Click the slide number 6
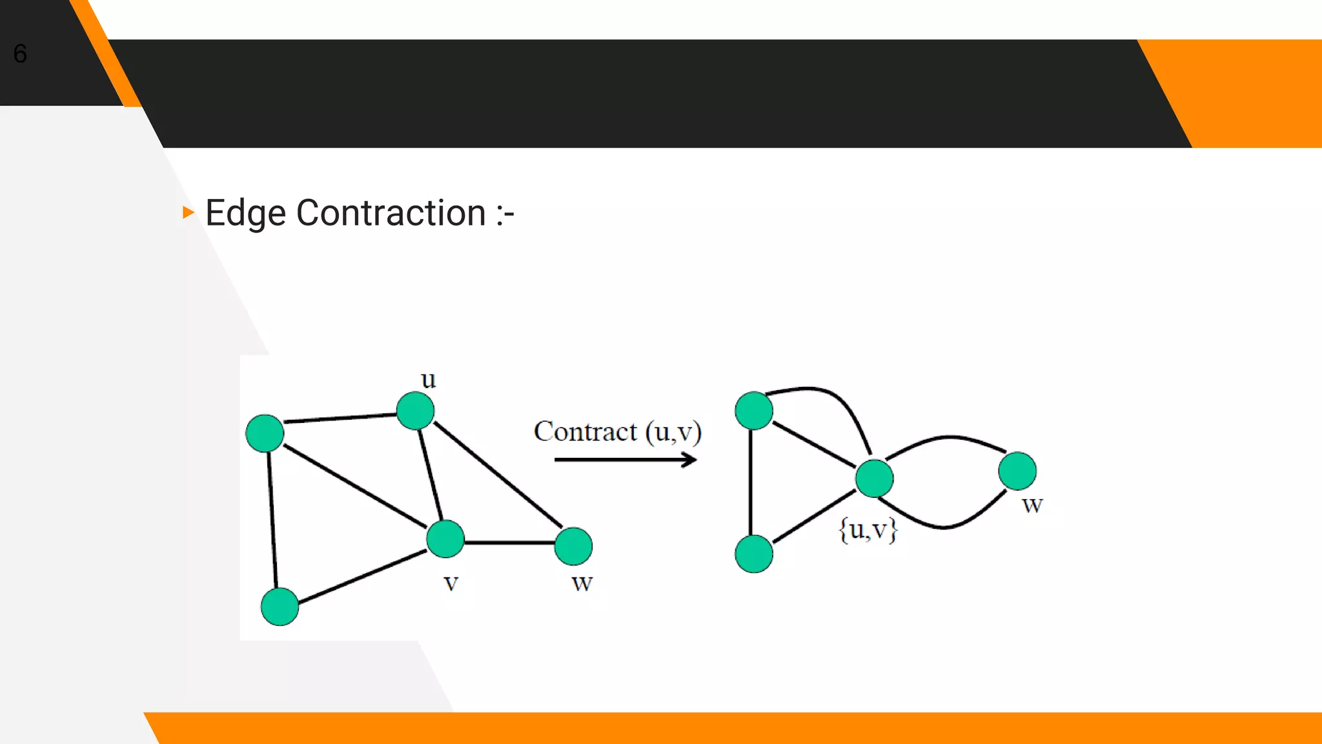(x=20, y=54)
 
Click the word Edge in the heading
(x=245, y=213)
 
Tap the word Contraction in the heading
(x=391, y=213)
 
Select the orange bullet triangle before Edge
(x=188, y=212)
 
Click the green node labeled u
(x=415, y=411)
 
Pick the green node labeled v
(x=445, y=539)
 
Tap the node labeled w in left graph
(x=573, y=546)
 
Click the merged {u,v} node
(x=874, y=479)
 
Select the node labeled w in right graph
(x=1017, y=471)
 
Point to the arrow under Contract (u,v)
(x=625, y=460)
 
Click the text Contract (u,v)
(x=617, y=431)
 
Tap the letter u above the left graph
(x=428, y=379)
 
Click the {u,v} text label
(x=868, y=530)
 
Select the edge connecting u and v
(x=431, y=475)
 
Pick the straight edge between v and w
(x=509, y=542)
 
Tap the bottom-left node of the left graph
(x=280, y=606)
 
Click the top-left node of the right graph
(x=754, y=411)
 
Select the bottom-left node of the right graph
(x=754, y=553)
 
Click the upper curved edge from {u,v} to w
(x=947, y=437)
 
